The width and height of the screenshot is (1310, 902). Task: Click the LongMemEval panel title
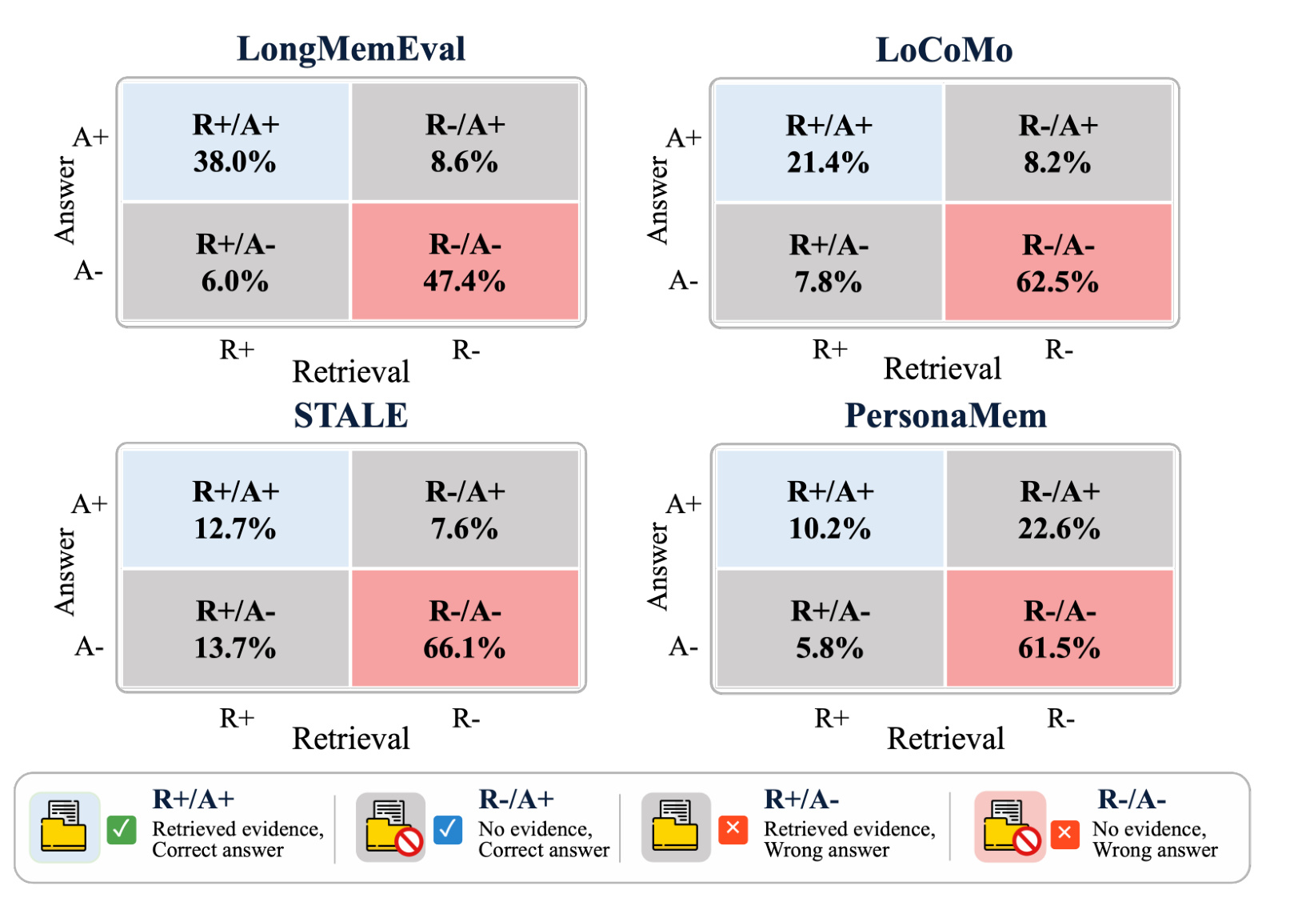(351, 49)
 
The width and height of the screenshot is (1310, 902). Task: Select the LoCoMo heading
(944, 50)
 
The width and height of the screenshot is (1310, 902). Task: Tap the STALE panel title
(351, 415)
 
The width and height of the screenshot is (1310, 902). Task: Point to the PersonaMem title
(945, 415)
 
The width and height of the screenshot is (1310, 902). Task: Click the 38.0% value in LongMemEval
(235, 162)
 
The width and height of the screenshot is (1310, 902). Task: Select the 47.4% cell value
(465, 281)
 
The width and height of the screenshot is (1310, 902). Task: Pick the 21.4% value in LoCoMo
(828, 162)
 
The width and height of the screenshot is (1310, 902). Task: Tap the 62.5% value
(1057, 282)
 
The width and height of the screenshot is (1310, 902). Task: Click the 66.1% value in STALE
(465, 648)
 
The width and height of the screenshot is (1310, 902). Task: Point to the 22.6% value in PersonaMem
(1059, 528)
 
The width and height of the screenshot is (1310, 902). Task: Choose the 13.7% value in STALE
(235, 648)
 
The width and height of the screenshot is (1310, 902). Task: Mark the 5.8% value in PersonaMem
(829, 648)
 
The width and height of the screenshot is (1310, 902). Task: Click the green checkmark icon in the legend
(122, 830)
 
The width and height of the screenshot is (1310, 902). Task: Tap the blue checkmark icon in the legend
(448, 830)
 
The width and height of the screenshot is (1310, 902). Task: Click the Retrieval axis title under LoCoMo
(942, 369)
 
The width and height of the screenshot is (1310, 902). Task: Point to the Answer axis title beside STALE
(66, 572)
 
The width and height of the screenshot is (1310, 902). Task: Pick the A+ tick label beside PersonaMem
(684, 504)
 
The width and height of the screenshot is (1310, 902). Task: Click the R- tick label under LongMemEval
(466, 350)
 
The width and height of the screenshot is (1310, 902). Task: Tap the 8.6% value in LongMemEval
(465, 162)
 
